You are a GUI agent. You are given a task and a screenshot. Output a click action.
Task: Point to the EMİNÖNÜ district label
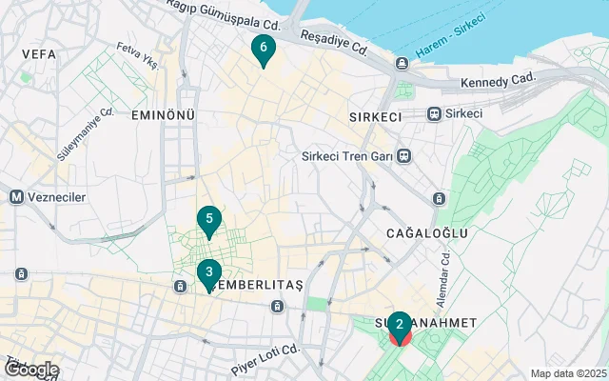pyautogui.click(x=163, y=115)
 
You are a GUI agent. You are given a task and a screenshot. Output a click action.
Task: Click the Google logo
pyautogui.click(x=31, y=370)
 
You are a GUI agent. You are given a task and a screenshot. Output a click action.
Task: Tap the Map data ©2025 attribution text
pyautogui.click(x=567, y=373)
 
